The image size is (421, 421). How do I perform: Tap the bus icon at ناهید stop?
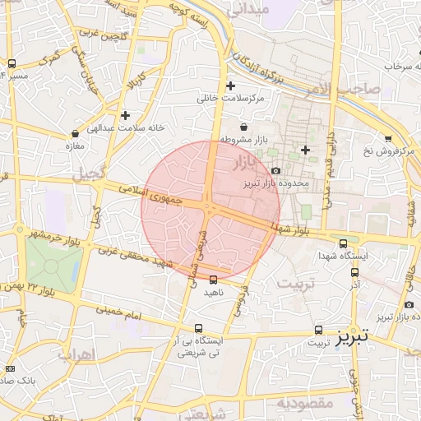[215, 280]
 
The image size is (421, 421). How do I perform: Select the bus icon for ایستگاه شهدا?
[344, 243]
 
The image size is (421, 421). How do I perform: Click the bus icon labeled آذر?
[354, 272]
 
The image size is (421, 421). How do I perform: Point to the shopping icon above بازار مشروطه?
[244, 127]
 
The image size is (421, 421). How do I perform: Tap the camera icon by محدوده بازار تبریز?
[275, 169]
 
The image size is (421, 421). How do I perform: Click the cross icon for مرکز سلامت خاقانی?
[230, 85]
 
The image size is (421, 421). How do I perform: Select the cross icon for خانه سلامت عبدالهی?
[125, 115]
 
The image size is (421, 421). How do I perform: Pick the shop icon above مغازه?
[76, 133]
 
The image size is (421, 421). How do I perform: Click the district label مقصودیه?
[304, 404]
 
